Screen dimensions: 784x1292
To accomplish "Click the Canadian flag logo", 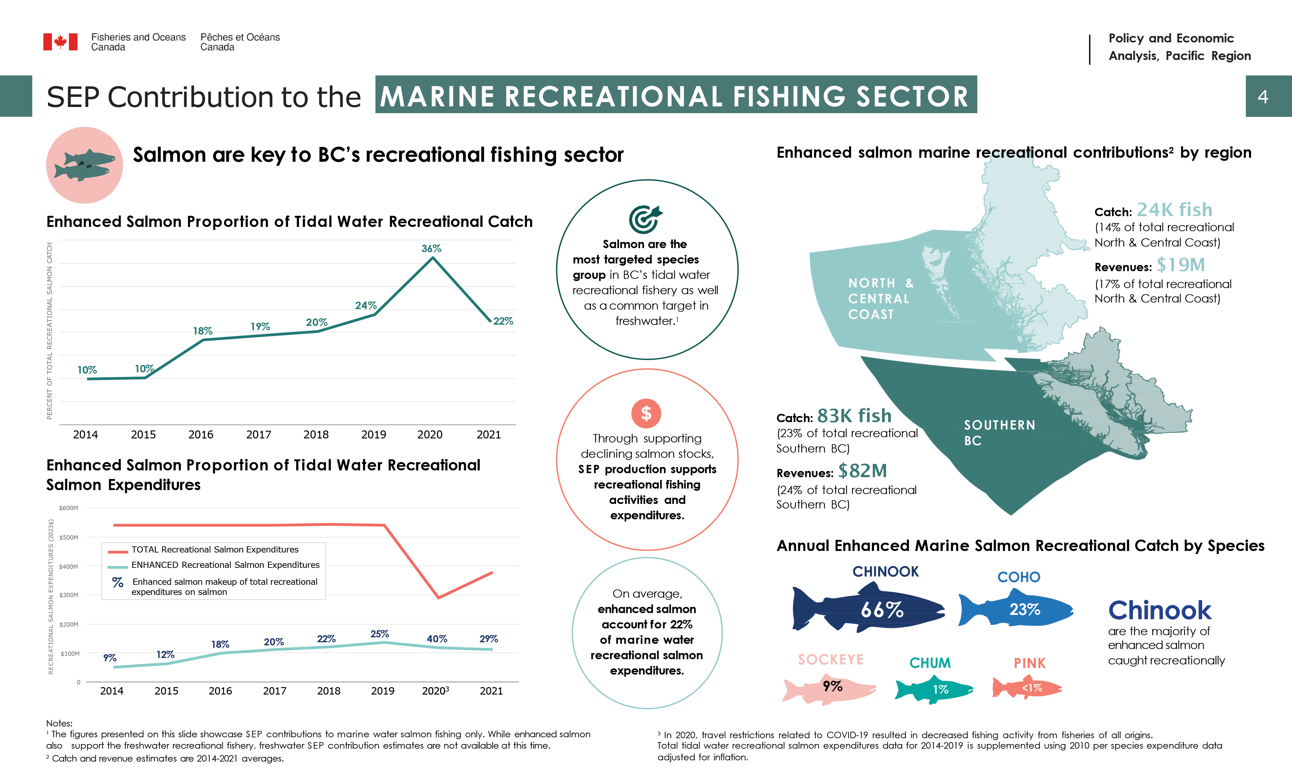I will click(x=60, y=42).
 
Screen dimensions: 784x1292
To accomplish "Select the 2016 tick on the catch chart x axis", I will click(x=201, y=434).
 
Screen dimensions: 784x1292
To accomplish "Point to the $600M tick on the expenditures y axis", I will click(x=68, y=508).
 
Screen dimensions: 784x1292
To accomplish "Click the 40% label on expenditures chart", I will click(x=437, y=639).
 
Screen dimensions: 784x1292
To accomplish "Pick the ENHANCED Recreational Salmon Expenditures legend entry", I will click(x=225, y=565).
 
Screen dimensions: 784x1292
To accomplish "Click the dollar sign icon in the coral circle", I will click(x=646, y=414).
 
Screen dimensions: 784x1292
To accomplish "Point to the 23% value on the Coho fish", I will click(x=1025, y=609).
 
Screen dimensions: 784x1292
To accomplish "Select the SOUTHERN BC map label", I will click(x=999, y=433).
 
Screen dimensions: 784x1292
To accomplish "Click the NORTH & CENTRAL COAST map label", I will click(x=881, y=299).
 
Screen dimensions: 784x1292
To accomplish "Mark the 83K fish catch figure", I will click(x=854, y=416).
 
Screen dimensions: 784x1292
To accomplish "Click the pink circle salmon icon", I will click(x=84, y=165).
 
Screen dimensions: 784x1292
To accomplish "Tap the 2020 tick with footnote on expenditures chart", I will click(x=435, y=691).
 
